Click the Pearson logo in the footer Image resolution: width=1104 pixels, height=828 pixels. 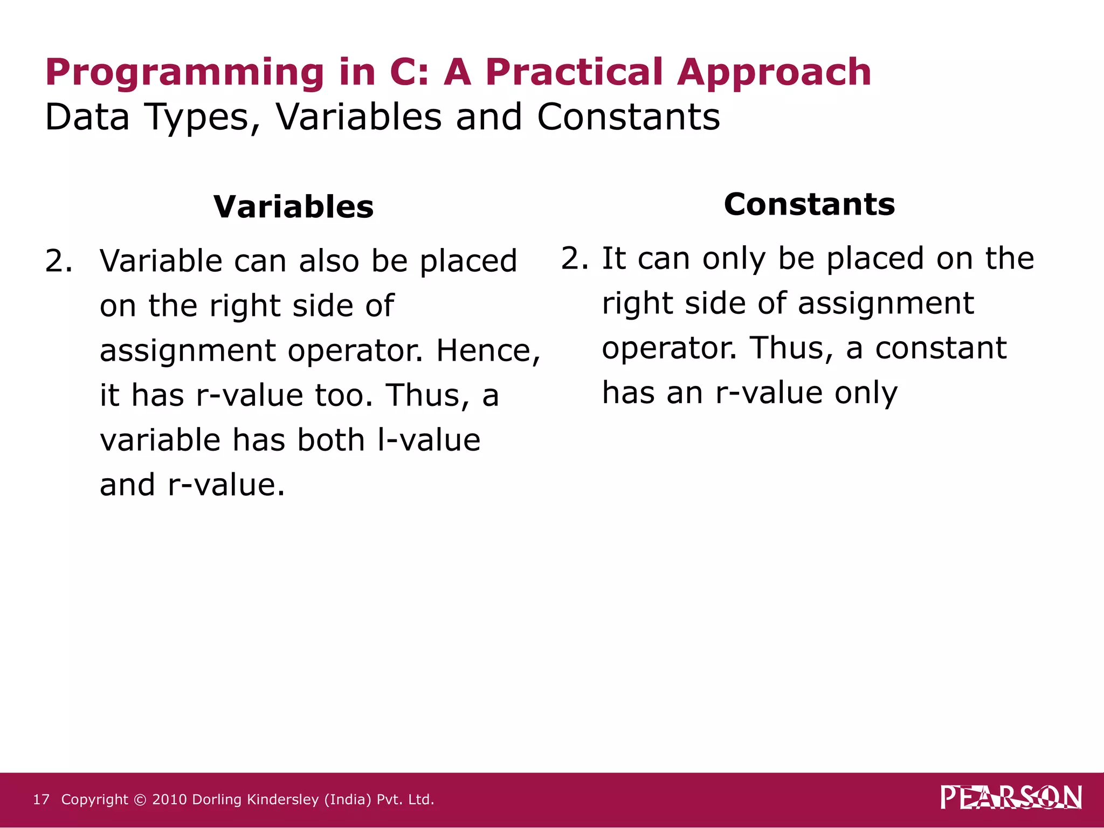click(x=1011, y=798)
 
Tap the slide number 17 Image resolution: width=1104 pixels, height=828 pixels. click(x=41, y=799)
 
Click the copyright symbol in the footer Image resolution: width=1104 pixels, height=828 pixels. click(x=140, y=800)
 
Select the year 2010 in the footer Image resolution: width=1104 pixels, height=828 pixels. click(x=169, y=799)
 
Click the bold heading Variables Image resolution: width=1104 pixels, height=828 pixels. click(x=293, y=207)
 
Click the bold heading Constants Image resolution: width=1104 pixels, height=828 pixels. click(x=809, y=204)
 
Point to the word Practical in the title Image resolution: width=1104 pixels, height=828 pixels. click(x=574, y=72)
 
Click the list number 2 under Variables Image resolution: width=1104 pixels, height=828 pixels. click(x=58, y=261)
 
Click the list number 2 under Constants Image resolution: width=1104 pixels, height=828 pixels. click(x=574, y=259)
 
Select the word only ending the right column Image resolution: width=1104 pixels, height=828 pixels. click(x=866, y=394)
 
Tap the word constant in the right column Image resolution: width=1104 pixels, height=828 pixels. click(x=941, y=348)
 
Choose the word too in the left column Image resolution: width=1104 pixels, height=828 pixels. click(x=343, y=395)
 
